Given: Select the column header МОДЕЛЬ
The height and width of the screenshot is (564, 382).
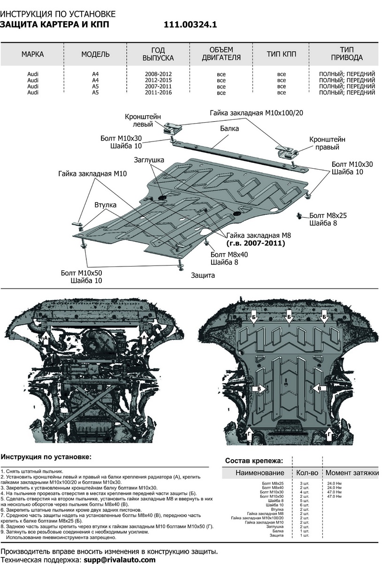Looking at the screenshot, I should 95,55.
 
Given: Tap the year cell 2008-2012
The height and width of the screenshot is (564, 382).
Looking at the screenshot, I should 159,74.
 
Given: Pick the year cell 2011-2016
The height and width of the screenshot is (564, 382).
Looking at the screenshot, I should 159,93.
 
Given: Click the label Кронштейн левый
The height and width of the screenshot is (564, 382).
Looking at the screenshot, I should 143,121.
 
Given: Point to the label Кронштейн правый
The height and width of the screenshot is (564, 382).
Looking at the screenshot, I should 327,143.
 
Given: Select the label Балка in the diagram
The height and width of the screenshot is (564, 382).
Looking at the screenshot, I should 229,128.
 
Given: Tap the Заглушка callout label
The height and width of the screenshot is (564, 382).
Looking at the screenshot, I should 149,160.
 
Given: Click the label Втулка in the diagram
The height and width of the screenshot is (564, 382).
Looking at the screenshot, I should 106,205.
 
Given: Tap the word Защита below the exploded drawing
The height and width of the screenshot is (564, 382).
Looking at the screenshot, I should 203,275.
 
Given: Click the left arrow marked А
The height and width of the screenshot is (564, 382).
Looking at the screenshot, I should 46,337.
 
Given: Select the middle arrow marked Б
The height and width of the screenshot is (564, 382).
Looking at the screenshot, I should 289,318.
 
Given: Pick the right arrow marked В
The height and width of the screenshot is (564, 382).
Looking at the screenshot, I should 319,389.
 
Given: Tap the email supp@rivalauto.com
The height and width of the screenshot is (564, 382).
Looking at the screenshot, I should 120,560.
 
